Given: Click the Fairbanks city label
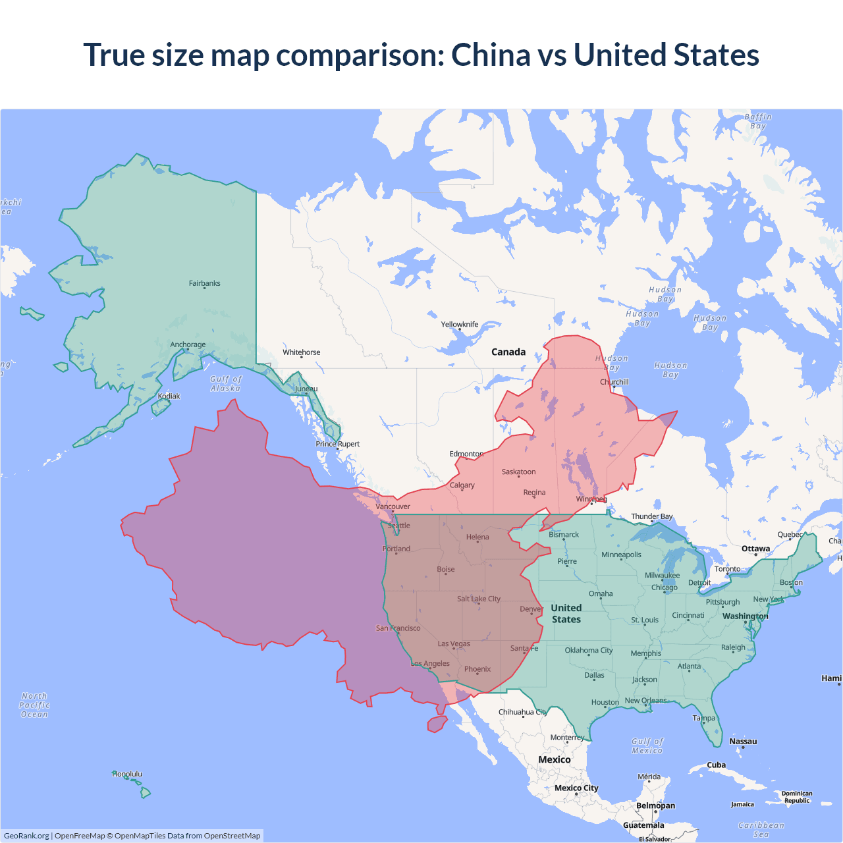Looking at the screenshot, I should [x=204, y=283].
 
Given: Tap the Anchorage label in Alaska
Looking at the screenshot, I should [x=188, y=344].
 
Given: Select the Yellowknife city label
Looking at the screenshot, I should [x=460, y=324].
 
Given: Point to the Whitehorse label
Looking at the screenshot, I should [x=301, y=352].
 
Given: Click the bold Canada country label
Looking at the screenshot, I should [x=508, y=352].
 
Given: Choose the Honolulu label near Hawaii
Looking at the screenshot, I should [x=127, y=774].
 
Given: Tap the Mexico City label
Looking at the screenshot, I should [x=576, y=788].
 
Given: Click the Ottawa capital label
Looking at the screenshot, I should [x=755, y=549].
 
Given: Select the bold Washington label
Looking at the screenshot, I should [x=745, y=616].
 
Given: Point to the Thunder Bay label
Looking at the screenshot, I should [x=652, y=516].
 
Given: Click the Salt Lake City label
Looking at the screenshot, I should [x=479, y=599].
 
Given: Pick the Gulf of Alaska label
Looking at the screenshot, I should [x=226, y=383].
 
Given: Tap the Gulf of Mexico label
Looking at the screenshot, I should [x=647, y=746].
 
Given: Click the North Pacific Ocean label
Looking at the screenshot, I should [x=34, y=705].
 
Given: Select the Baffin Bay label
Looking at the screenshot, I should [x=758, y=121].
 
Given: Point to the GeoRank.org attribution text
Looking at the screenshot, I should [x=26, y=836].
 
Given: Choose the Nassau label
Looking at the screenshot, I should [x=743, y=742].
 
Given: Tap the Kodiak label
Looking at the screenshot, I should [x=169, y=396].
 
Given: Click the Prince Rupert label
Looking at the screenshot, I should [x=338, y=444].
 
